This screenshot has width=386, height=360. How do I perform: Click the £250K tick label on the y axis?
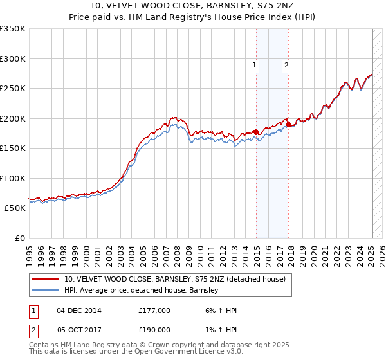(13, 88)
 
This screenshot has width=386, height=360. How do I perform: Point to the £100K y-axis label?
(13, 178)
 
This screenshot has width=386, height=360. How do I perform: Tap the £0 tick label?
(19, 238)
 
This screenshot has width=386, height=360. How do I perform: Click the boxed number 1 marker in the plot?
(254, 64)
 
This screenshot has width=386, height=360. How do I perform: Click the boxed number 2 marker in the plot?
(286, 64)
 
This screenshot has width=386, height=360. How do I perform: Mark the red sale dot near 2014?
(256, 132)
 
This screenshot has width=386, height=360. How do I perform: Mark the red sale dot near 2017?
(288, 124)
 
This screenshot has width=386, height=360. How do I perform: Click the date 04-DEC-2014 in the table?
(79, 310)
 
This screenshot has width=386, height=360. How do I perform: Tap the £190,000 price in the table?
(154, 329)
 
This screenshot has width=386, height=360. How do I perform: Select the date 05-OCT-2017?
(79, 329)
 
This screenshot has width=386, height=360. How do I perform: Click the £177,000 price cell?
(154, 310)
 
